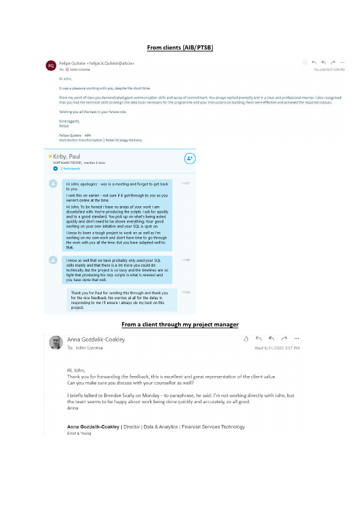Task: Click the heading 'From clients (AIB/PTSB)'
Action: click(x=180, y=47)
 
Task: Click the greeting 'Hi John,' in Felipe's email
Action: click(x=65, y=79)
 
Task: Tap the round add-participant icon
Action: click(x=190, y=158)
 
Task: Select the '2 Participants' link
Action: click(x=71, y=169)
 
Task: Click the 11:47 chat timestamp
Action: click(x=186, y=183)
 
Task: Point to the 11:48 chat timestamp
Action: click(x=186, y=260)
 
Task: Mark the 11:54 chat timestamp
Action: click(x=186, y=292)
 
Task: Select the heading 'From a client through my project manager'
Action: click(x=180, y=325)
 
